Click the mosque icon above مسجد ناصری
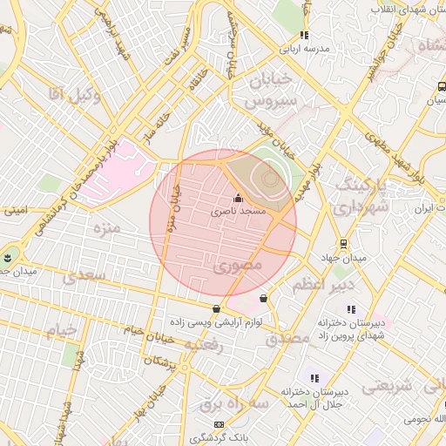(x=239, y=198)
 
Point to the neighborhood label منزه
(x=105, y=229)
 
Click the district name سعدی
(x=84, y=274)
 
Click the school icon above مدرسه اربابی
(x=304, y=36)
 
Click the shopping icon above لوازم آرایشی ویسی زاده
(x=216, y=308)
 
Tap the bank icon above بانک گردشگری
(x=219, y=424)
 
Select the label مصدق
(x=287, y=336)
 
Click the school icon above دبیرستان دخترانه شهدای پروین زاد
(x=352, y=309)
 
